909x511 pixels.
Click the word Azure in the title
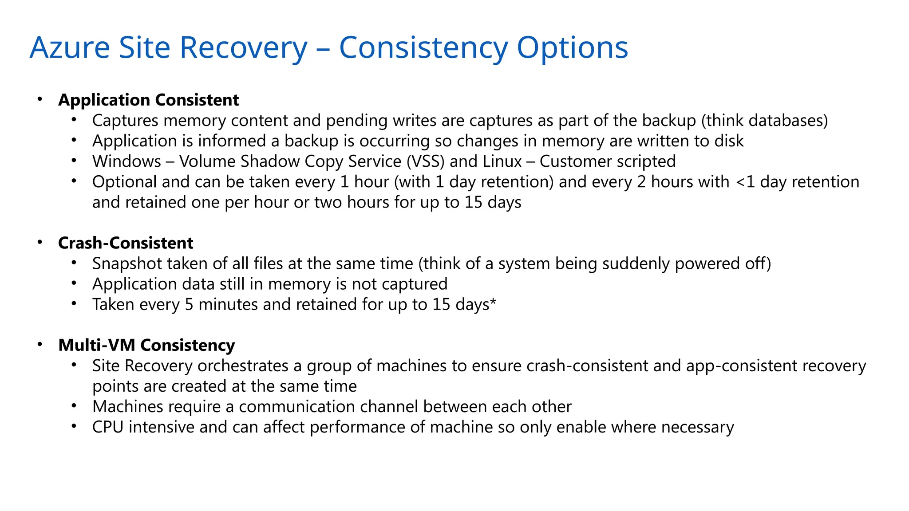pyautogui.click(x=70, y=47)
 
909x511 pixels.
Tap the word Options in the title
pyautogui.click(x=572, y=47)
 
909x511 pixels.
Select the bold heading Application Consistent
pyautogui.click(x=148, y=100)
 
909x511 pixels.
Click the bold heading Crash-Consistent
pyautogui.click(x=126, y=243)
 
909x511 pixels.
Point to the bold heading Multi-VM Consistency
pyautogui.click(x=146, y=345)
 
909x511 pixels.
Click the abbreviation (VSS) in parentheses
pyautogui.click(x=425, y=161)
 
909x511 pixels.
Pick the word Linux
pyautogui.click(x=502, y=161)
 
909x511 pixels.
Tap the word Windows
pyautogui.click(x=126, y=161)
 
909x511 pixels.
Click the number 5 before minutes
pyautogui.click(x=189, y=305)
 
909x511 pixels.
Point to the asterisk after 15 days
pyautogui.click(x=493, y=303)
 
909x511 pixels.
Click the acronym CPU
pyautogui.click(x=107, y=427)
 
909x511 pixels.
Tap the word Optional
pyautogui.click(x=125, y=182)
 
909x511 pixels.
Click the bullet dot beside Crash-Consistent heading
pyautogui.click(x=40, y=242)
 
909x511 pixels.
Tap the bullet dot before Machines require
pyautogui.click(x=74, y=406)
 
